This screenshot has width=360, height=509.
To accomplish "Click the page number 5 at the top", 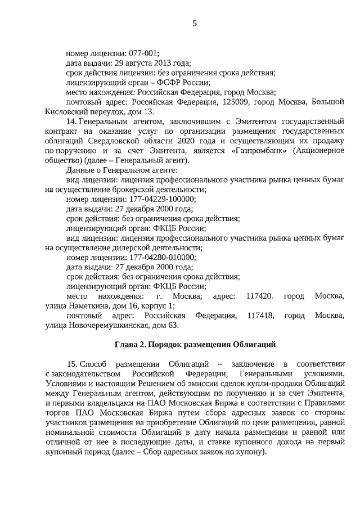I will (x=194, y=23).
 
